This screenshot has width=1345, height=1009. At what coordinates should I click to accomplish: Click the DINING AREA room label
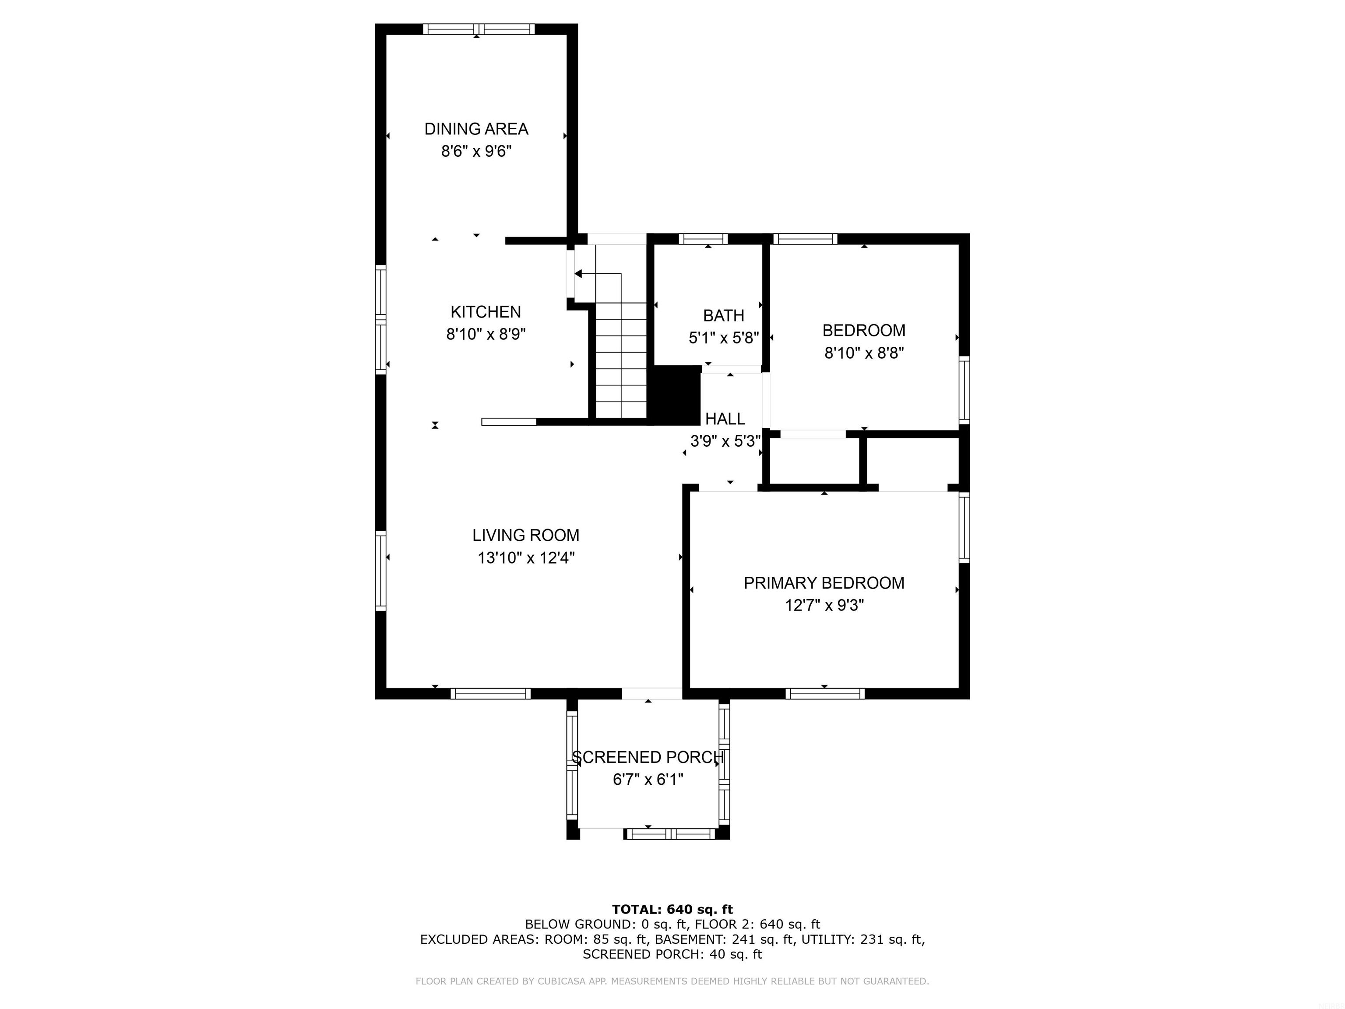coord(476,129)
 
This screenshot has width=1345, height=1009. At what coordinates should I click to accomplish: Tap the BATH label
coord(724,316)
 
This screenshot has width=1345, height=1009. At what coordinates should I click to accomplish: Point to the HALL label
coord(725,419)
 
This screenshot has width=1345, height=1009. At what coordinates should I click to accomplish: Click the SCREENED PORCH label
coord(648,758)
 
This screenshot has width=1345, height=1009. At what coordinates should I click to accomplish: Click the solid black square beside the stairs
coord(676,395)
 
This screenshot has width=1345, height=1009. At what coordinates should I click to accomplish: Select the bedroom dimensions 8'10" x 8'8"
coord(864,353)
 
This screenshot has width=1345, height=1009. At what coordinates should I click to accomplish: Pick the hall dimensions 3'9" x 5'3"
coord(725,441)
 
